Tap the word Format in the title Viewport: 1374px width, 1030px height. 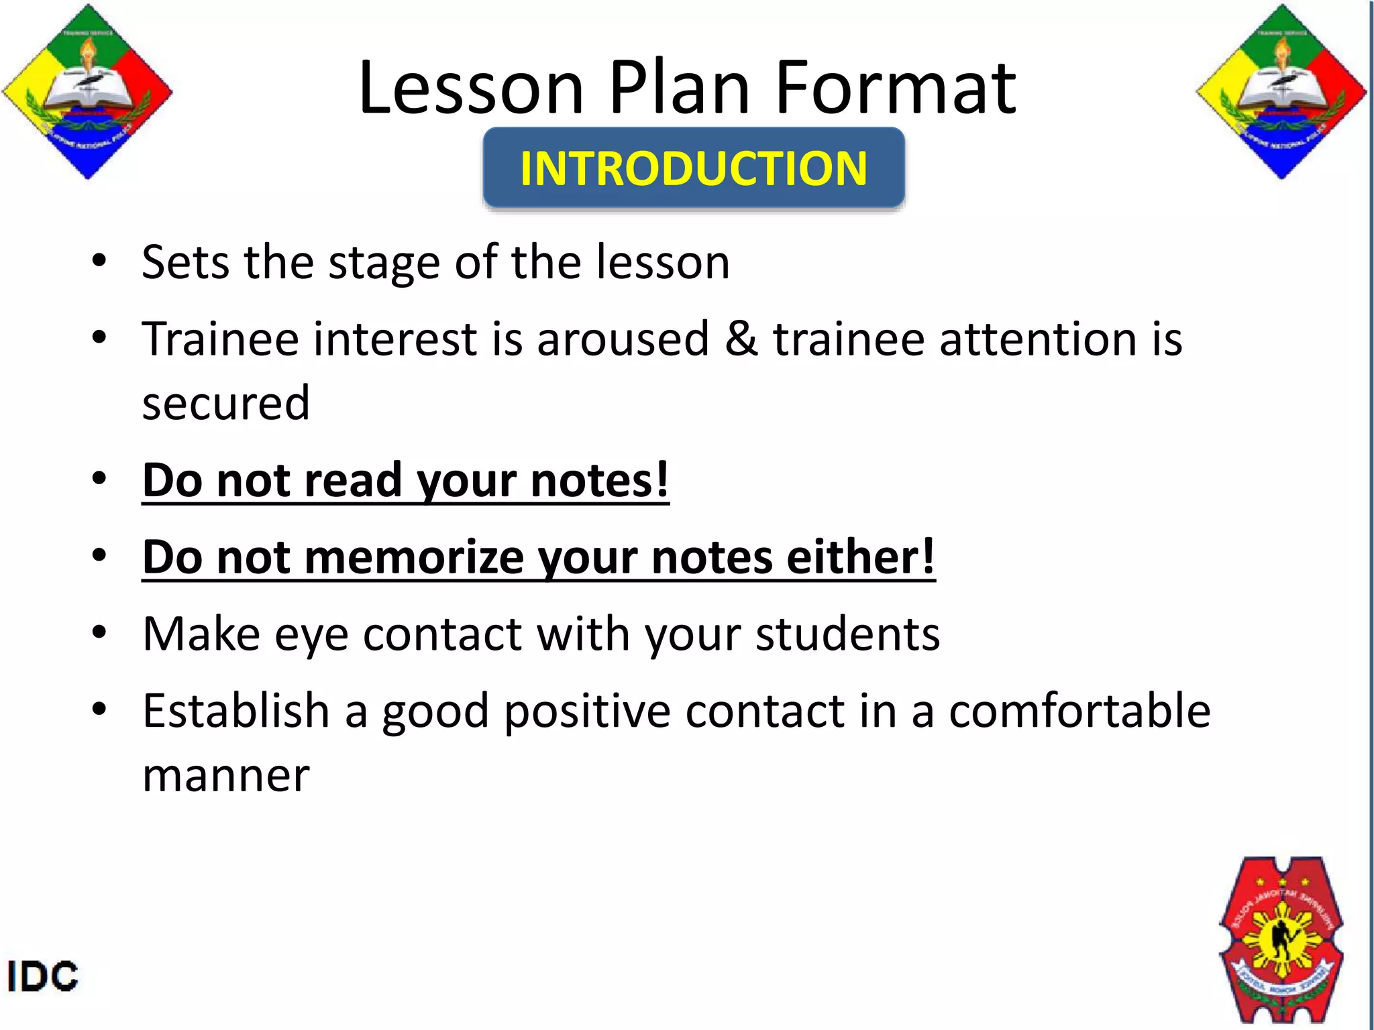tap(896, 88)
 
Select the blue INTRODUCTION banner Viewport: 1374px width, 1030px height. tap(694, 168)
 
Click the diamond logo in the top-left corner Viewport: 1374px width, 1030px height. tap(87, 92)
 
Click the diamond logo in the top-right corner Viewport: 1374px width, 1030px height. tap(1281, 92)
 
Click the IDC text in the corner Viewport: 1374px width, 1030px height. tap(42, 976)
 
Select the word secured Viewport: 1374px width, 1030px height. tap(226, 404)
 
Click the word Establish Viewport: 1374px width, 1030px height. tap(235, 711)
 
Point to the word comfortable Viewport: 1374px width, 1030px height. tap(1079, 711)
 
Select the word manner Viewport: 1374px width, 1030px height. tap(226, 776)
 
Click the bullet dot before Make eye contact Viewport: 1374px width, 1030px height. tap(99, 632)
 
